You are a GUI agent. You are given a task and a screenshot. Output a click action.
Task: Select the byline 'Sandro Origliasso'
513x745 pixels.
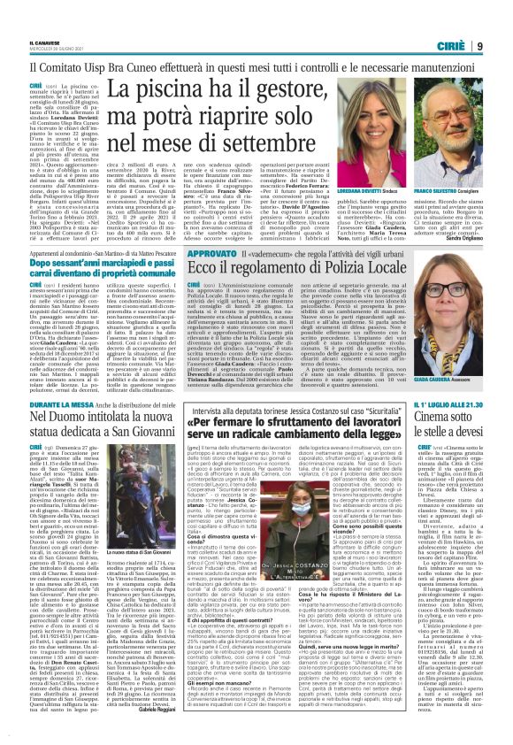(483, 288)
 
